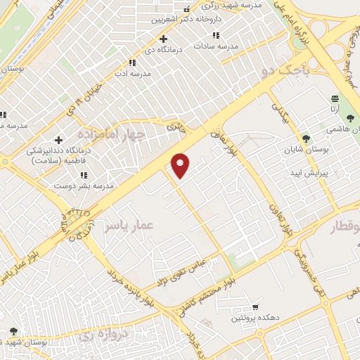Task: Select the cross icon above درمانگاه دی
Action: coord(163,39)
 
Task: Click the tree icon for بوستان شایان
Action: coord(304,139)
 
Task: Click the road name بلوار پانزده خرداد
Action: coord(131,290)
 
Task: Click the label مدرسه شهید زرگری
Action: coord(236,5)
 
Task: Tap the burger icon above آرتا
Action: coord(335,99)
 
